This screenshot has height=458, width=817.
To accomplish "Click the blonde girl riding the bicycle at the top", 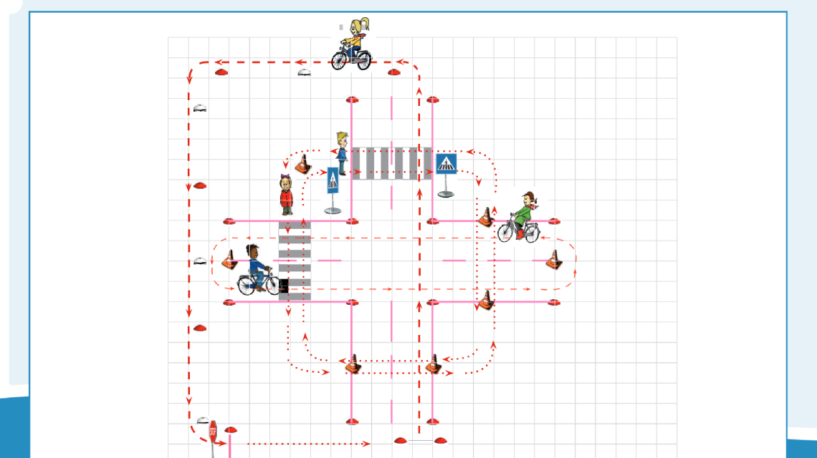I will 352,44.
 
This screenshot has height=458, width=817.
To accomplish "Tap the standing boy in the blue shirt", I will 342,152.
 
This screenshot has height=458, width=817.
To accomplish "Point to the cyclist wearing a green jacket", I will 522,217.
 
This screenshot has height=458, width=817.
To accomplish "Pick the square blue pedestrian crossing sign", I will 446,164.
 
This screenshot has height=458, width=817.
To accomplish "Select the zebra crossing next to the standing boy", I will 391,163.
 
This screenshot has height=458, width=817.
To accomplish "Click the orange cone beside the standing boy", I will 303,164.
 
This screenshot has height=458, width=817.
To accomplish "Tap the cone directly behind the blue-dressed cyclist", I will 230,259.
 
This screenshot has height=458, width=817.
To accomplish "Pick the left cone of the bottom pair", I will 353,364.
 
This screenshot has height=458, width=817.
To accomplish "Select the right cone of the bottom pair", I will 433,364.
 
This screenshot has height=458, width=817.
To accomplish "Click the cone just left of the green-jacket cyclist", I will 487,216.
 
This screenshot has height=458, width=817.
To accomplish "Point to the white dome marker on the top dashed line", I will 305,72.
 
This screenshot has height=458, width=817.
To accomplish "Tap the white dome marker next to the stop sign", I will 203,421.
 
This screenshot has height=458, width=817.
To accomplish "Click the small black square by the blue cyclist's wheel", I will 283,286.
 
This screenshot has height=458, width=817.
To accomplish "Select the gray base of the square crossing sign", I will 446,194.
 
